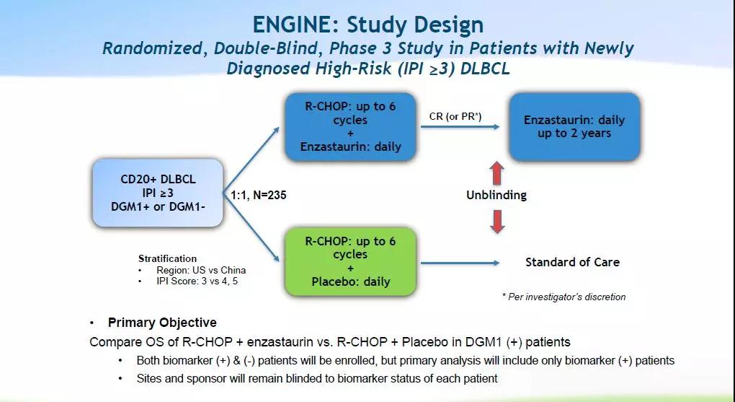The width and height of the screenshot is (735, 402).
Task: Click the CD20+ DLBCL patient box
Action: (x=158, y=193)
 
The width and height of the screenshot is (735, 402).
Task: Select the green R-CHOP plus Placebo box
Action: (x=351, y=261)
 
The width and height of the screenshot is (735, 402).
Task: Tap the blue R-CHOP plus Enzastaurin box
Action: (x=351, y=127)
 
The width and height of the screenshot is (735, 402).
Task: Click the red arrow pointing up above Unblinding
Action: (x=496, y=174)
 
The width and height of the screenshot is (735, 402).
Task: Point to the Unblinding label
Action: (x=496, y=195)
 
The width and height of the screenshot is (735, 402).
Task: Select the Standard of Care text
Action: (x=572, y=262)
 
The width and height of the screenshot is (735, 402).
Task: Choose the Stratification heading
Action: (x=167, y=258)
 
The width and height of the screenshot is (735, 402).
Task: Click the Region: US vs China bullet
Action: (x=192, y=270)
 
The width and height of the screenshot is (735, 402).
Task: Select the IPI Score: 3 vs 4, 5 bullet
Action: (x=197, y=281)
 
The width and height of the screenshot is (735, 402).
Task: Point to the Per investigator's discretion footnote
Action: (x=563, y=297)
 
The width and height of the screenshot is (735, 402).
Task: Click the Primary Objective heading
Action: (x=162, y=323)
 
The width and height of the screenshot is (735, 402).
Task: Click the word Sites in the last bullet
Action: (x=150, y=377)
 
